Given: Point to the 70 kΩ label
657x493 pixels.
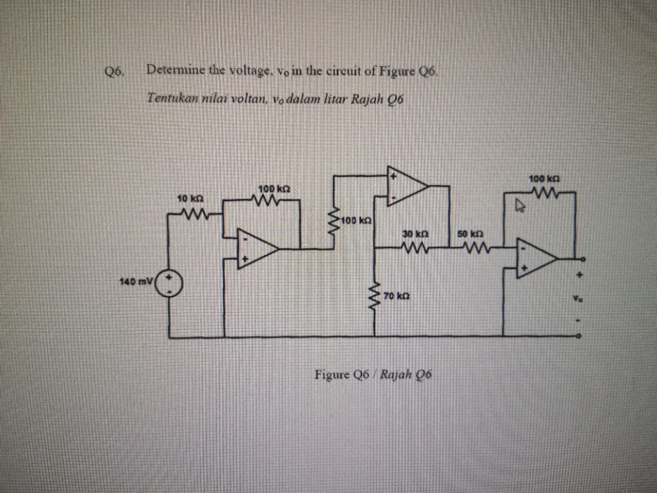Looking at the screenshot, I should click(x=396, y=296).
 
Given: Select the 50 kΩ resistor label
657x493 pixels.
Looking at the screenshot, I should click(x=468, y=234).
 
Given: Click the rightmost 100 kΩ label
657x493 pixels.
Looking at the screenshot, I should click(x=544, y=180).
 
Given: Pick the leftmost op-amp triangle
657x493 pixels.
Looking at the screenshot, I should click(x=256, y=249).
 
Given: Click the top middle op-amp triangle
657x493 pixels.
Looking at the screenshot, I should click(x=405, y=185).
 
